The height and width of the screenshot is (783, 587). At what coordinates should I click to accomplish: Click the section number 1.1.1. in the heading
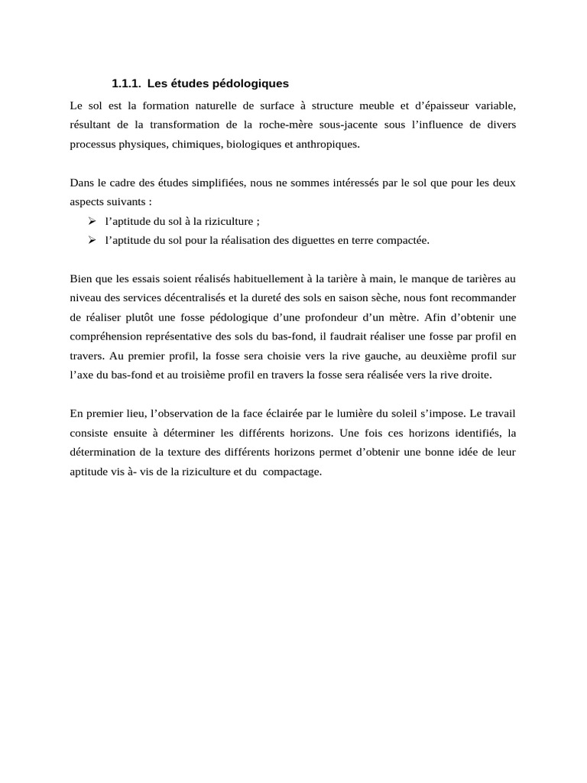pos(126,83)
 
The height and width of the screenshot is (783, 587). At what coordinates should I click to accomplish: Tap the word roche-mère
pos(293,124)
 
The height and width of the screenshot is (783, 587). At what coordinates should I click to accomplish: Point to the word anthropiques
pos(329,143)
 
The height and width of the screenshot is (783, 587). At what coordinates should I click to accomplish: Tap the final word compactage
pos(293,471)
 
